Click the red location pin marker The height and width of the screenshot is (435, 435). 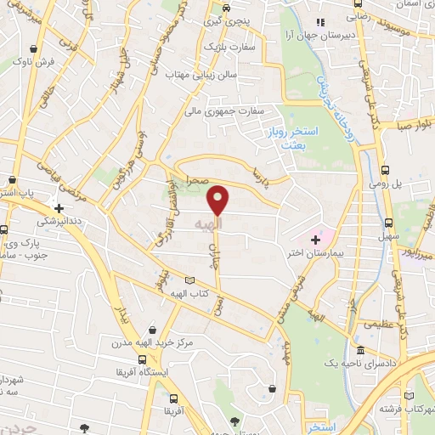219,200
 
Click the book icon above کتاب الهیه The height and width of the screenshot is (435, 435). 189,280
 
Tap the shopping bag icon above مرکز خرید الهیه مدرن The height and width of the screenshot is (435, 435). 152,330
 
